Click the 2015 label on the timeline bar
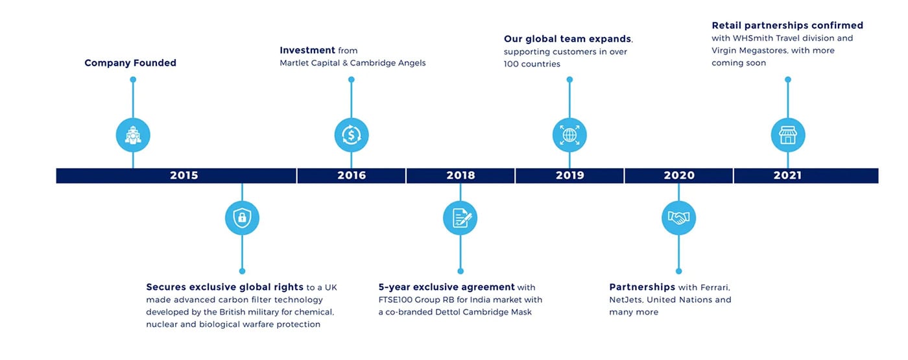(x=184, y=176)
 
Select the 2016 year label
(x=352, y=176)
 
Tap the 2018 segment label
(x=460, y=176)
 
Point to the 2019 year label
(x=569, y=176)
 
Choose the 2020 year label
(x=679, y=176)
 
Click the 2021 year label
(x=787, y=176)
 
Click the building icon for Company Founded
(x=133, y=135)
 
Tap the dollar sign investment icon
(x=352, y=135)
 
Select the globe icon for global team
(x=569, y=135)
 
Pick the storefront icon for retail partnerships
(x=788, y=135)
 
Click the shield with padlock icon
(x=242, y=218)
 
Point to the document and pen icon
(x=460, y=218)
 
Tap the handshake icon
(x=679, y=218)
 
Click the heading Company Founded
(x=130, y=63)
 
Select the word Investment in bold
(x=307, y=51)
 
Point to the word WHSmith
(x=751, y=38)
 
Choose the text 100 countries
(x=532, y=64)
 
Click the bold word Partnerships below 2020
(x=642, y=287)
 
